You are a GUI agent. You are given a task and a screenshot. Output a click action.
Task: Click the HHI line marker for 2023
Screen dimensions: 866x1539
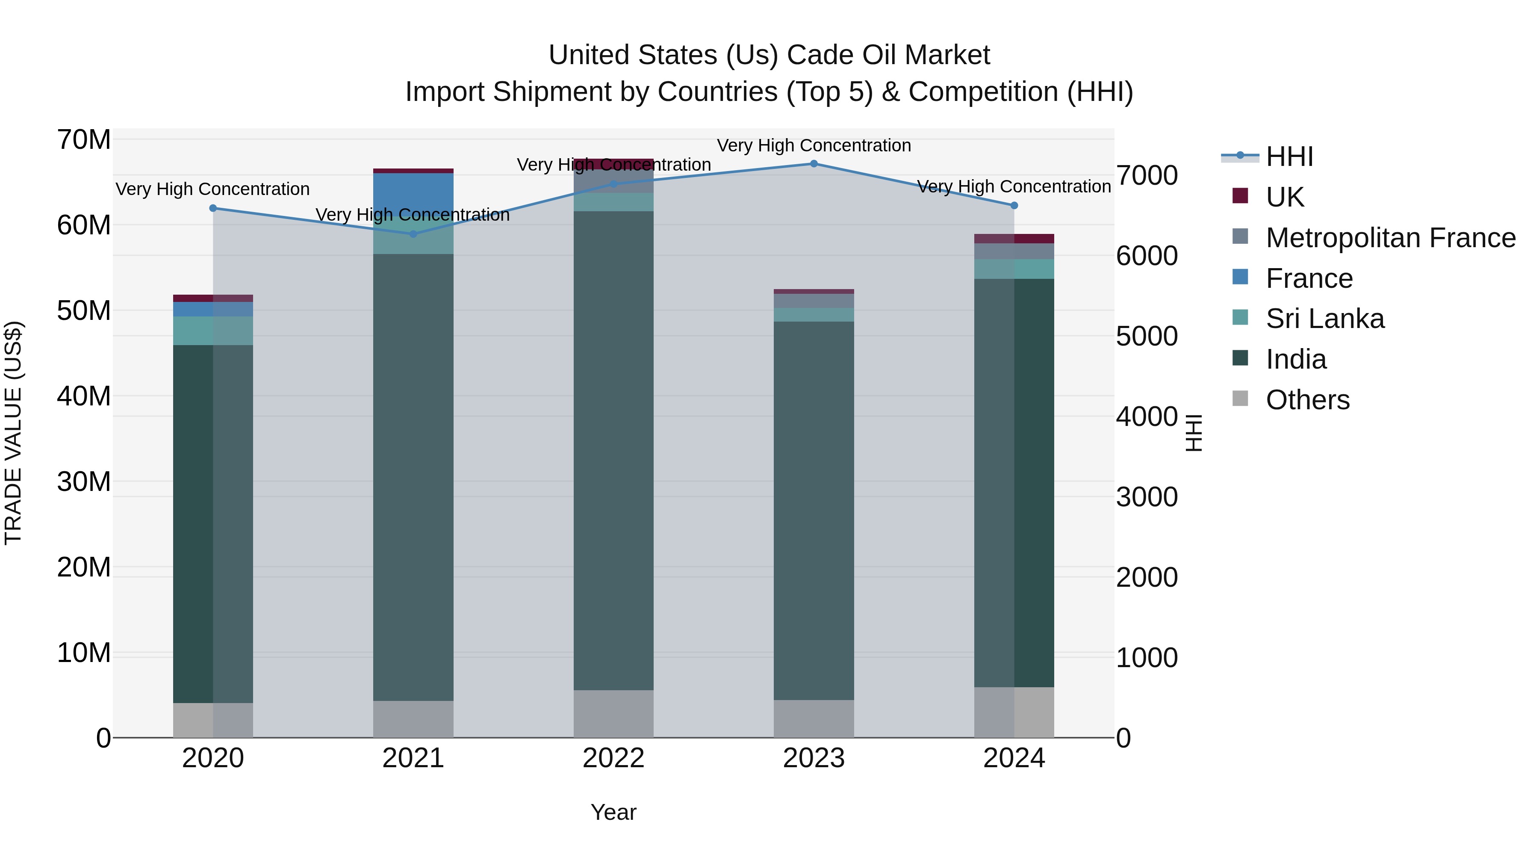pos(814,163)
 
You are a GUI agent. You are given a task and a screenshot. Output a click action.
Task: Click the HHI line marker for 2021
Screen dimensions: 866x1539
pos(413,233)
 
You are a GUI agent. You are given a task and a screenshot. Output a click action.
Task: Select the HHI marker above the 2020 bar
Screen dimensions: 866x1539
pos(213,208)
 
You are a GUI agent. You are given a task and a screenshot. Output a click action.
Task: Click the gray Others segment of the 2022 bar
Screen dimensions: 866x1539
pos(613,714)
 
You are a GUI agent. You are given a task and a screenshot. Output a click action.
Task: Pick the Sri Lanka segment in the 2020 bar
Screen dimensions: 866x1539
pos(213,331)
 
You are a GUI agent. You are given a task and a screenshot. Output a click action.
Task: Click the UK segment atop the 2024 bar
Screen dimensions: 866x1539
pos(1014,239)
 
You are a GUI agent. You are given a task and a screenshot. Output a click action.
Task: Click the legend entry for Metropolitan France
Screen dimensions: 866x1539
pos(1390,238)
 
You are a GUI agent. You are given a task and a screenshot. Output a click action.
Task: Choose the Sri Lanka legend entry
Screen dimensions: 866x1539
pos(1324,319)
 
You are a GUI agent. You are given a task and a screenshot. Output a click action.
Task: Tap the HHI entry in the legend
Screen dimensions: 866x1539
pos(1289,157)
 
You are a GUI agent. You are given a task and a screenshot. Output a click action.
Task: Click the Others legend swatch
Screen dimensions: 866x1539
pos(1240,399)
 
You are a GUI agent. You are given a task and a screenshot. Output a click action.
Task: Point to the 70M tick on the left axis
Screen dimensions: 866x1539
pos(84,140)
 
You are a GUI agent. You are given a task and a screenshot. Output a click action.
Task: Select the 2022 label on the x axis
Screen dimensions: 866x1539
pos(613,758)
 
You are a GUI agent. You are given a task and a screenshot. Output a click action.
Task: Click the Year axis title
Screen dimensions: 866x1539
pos(613,812)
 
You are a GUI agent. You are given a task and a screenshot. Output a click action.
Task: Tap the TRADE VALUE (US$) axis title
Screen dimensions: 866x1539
pos(13,433)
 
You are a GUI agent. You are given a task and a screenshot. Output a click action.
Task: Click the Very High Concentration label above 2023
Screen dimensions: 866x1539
pos(814,145)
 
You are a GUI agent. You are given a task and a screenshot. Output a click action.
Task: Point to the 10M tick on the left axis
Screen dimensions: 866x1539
pos(84,653)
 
